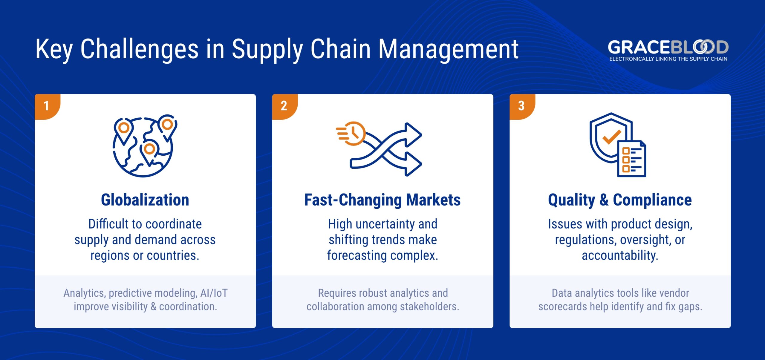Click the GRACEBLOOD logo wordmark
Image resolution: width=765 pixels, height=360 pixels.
tap(668, 47)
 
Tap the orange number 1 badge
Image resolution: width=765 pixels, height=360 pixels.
tap(47, 106)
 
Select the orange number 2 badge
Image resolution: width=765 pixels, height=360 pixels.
tap(284, 106)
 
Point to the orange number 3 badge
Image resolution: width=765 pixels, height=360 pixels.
tap(521, 106)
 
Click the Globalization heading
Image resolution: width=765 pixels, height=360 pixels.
tap(145, 200)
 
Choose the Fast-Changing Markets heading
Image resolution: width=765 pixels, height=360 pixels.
tap(382, 200)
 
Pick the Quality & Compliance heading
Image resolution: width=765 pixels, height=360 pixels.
tap(620, 200)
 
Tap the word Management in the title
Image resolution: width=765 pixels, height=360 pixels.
tap(448, 49)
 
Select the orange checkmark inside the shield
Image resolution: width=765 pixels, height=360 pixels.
tap(611, 137)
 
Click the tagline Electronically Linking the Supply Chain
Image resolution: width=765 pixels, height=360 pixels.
tap(668, 59)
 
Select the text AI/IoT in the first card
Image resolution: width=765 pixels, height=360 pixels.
tap(214, 293)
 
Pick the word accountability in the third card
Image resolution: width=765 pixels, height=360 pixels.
tap(620, 255)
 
